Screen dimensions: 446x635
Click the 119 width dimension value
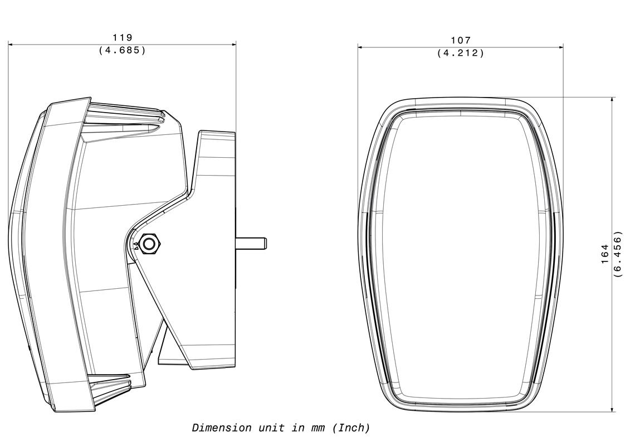[122, 37]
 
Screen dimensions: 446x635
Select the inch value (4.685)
[122, 50]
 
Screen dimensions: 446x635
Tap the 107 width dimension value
[461, 40]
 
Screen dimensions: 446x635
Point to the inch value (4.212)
[461, 53]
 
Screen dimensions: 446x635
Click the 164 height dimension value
[605, 254]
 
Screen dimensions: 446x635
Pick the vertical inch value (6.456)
[617, 254]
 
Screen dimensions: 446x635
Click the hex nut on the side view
[149, 244]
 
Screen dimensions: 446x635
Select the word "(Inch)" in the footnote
[351, 428]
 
